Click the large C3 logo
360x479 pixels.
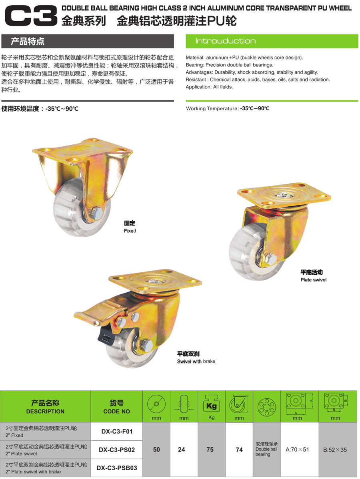click(x=31, y=16)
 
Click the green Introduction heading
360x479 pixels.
click(x=225, y=41)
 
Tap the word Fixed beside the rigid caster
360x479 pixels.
click(x=130, y=231)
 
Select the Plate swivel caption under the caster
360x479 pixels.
click(x=313, y=280)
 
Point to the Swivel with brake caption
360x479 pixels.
click(x=196, y=361)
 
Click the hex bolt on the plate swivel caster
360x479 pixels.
click(x=270, y=259)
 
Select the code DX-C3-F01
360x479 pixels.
click(x=117, y=431)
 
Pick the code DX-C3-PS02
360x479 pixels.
click(x=117, y=450)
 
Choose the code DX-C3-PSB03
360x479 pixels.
click(x=117, y=468)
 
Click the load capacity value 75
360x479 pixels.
click(x=210, y=450)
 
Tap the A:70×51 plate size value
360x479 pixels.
click(x=297, y=450)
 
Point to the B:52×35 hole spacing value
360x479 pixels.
click(x=335, y=450)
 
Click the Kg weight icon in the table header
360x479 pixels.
click(x=212, y=403)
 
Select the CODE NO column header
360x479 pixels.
click(x=116, y=411)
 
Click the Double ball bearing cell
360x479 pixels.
click(x=266, y=449)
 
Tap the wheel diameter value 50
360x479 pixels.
click(x=156, y=450)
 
